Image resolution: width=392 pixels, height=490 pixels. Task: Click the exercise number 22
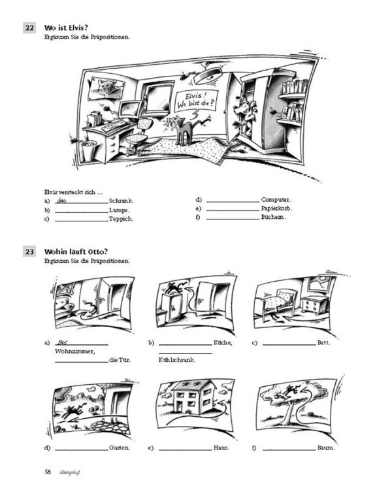tap(29, 28)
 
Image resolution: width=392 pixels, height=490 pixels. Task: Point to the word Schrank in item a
tap(122, 201)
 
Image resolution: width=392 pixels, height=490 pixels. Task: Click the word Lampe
tap(119, 210)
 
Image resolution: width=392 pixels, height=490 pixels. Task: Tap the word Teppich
tap(122, 220)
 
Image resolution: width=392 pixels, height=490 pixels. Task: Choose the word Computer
tap(276, 199)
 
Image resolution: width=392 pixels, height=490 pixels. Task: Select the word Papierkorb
tap(276, 208)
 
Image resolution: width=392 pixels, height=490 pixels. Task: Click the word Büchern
tap(272, 218)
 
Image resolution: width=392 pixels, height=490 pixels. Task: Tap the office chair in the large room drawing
tap(137, 134)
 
